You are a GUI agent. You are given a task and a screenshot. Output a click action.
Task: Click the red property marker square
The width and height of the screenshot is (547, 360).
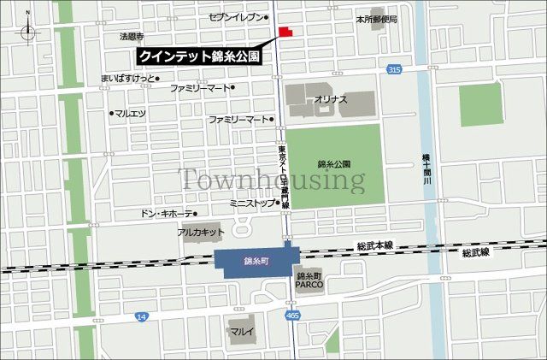(x=284, y=32)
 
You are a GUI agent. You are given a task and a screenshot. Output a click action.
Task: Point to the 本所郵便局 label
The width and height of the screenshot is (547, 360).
(x=377, y=17)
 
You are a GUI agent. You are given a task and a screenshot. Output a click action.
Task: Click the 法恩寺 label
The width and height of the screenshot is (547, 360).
(x=132, y=37)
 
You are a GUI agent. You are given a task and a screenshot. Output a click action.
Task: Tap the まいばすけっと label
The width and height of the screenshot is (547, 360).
(x=129, y=78)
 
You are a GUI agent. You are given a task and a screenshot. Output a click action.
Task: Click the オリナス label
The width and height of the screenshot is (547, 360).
(x=331, y=99)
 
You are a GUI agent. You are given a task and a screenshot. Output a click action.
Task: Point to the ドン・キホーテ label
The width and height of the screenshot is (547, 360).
(x=166, y=213)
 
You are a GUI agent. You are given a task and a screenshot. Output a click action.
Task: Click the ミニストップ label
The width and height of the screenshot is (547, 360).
(x=252, y=204)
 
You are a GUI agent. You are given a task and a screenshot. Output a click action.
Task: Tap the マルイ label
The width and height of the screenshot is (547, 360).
(x=238, y=328)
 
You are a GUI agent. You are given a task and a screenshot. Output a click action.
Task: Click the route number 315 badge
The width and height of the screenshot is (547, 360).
(x=393, y=69)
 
